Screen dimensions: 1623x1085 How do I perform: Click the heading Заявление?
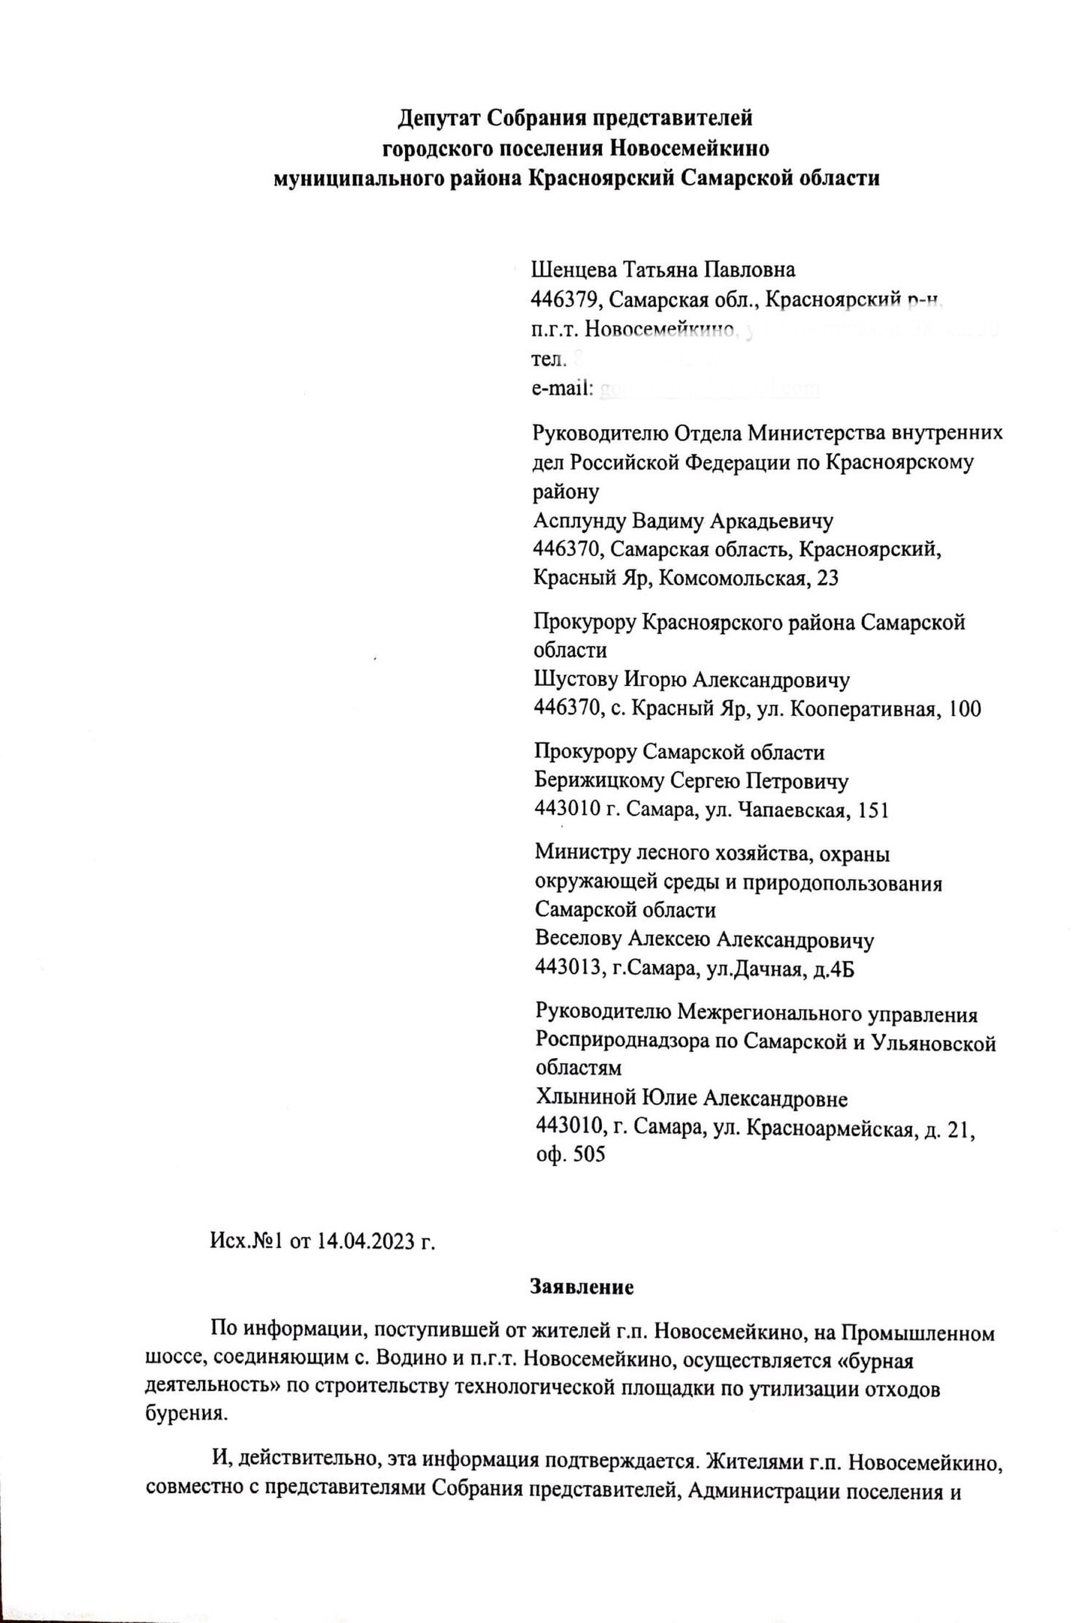582,1287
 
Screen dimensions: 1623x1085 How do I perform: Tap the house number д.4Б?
835,970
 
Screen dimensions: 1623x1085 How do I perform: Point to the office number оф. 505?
570,1155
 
